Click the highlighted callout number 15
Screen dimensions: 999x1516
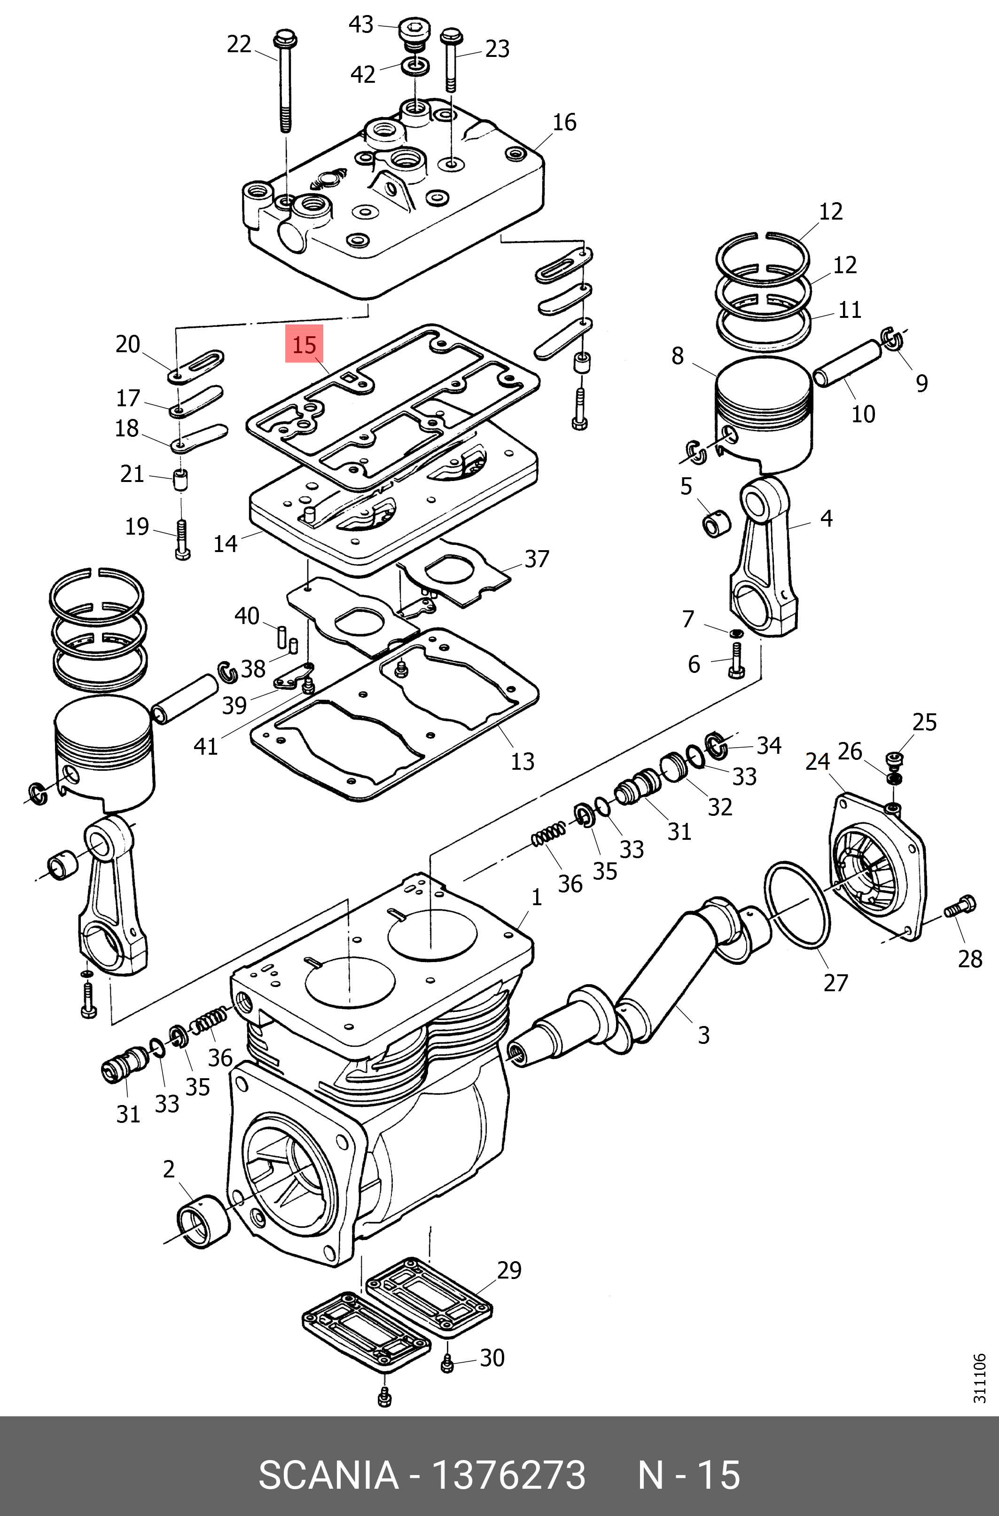pyautogui.click(x=304, y=345)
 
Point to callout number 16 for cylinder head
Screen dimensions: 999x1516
pyautogui.click(x=564, y=122)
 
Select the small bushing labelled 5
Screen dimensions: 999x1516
pyautogui.click(x=714, y=525)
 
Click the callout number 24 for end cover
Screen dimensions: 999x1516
pyautogui.click(x=818, y=761)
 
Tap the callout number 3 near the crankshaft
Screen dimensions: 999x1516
pyautogui.click(x=703, y=1034)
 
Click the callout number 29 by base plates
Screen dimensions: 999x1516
pyautogui.click(x=509, y=1270)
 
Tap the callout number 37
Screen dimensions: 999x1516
pyautogui.click(x=537, y=559)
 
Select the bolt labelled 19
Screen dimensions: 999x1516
pyautogui.click(x=181, y=539)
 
